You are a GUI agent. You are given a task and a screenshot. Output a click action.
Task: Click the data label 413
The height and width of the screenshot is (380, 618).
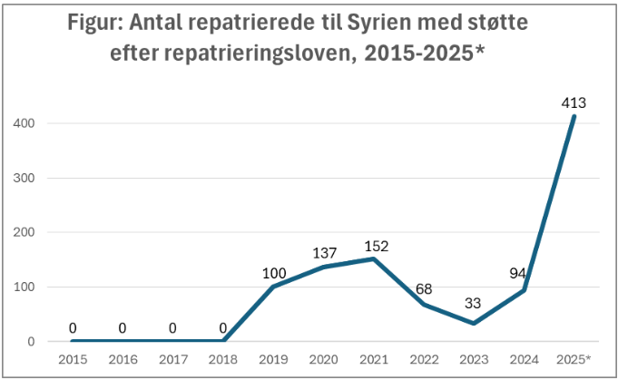coord(573,102)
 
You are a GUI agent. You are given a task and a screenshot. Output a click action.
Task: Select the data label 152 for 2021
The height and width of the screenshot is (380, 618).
coord(376,245)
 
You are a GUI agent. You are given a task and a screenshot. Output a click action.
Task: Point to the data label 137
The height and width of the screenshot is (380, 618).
coord(325,253)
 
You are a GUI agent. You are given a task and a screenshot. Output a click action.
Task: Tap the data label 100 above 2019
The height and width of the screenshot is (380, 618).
coord(275,273)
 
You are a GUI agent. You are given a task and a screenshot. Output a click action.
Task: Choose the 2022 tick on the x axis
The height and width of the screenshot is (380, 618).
coord(424,359)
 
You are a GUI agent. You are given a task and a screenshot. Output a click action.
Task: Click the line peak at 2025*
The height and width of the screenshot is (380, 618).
coord(574,116)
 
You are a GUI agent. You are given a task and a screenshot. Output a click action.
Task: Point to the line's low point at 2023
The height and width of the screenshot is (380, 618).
coord(474,324)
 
